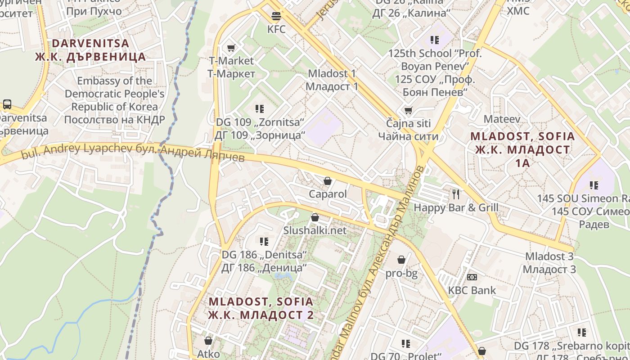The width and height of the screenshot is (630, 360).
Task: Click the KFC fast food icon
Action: pos(276,16)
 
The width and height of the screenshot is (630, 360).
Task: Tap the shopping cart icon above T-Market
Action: pos(231,48)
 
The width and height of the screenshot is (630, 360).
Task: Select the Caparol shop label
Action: pos(328,194)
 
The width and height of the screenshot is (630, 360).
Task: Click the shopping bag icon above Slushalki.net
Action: pos(315,218)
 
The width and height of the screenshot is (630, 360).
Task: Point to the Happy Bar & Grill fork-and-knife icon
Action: pos(456,194)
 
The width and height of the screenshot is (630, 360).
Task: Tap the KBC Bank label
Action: pos(472,290)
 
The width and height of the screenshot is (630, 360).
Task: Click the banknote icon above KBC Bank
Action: pos(472,277)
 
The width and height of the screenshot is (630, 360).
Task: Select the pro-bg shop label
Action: pos(401,273)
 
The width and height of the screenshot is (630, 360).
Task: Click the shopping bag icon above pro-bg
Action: pos(401,260)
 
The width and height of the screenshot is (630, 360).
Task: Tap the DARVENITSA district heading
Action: pos(91,43)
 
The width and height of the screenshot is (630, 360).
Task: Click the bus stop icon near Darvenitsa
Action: pos(7,104)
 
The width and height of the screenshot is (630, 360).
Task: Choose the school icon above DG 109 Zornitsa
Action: pos(260,108)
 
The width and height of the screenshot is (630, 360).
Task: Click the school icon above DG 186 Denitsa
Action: pos(264,241)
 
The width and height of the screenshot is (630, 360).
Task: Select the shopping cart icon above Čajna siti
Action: pos(409,110)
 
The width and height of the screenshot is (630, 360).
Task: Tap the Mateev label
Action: pos(502,119)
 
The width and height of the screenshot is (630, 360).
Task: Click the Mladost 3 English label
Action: pos(549,256)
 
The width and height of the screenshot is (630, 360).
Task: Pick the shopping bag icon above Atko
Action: pos(208,341)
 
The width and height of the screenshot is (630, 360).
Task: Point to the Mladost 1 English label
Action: pos(332,73)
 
